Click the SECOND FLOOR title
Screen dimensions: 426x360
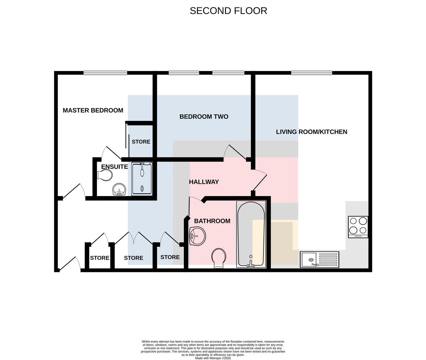[228, 11]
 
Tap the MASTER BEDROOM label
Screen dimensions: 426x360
[93, 110]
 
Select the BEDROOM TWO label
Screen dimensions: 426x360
[204, 117]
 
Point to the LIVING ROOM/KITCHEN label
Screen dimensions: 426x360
[312, 132]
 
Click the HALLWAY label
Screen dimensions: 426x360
[204, 182]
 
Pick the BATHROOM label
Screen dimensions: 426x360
[212, 221]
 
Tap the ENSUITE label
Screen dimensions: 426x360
[114, 167]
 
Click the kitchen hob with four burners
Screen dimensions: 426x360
[358, 227]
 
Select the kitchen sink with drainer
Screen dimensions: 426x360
[319, 260]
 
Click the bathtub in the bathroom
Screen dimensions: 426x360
[251, 234]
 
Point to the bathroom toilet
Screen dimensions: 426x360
[219, 258]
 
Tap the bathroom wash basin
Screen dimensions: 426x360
[197, 236]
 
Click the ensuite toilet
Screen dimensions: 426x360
[105, 175]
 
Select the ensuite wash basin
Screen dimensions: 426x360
[119, 189]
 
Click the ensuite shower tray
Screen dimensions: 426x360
[142, 179]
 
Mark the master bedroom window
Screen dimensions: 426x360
[105, 73]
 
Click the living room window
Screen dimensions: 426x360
[312, 73]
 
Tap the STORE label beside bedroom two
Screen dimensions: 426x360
[141, 142]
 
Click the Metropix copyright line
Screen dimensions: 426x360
[213, 358]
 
